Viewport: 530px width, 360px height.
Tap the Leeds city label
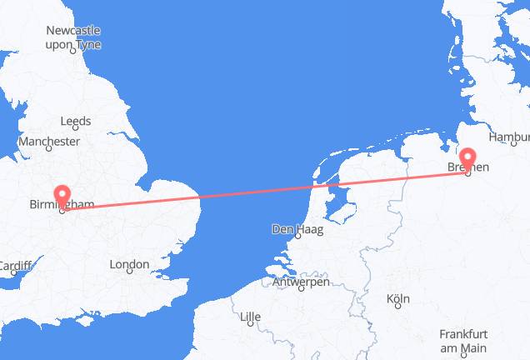click(76, 122)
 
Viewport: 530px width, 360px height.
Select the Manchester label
click(47, 142)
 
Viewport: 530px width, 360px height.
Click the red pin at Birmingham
click(62, 196)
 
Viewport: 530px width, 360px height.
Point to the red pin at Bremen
click(468, 158)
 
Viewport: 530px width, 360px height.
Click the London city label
click(129, 265)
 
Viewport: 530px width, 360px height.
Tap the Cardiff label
click(14, 267)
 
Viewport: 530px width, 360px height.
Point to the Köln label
click(398, 298)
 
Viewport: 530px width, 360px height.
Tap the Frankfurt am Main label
click(462, 339)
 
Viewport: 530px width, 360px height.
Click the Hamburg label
click(510, 137)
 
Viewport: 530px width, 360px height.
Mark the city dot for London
click(129, 276)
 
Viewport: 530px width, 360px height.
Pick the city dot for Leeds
click(76, 132)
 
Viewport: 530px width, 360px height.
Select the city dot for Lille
click(250, 327)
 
